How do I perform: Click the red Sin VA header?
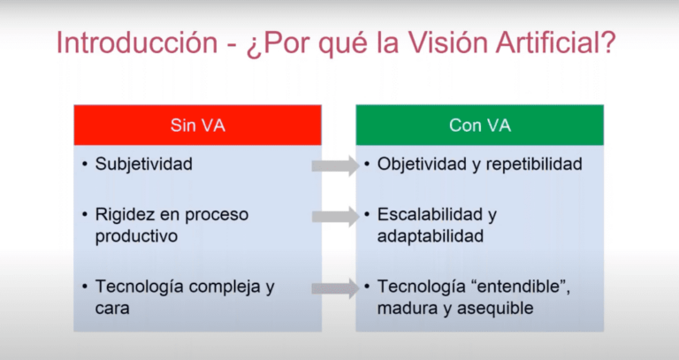(x=197, y=125)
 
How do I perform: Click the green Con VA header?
(x=480, y=125)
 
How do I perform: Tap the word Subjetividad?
(x=144, y=165)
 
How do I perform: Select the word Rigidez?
(x=123, y=215)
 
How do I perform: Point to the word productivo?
(x=135, y=237)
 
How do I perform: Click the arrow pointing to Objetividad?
(x=336, y=165)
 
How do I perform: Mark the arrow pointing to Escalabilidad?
(x=336, y=216)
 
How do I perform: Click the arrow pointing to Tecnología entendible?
(x=336, y=287)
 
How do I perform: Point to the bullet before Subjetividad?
(x=83, y=165)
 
